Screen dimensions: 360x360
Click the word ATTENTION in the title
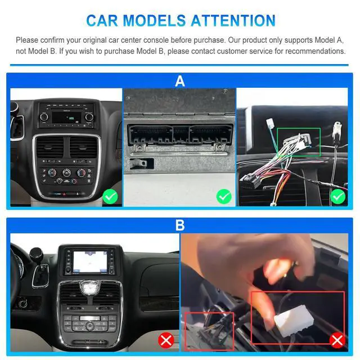pos(233,20)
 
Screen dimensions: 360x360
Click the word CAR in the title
pos(102,20)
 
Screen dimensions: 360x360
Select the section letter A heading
pos(180,81)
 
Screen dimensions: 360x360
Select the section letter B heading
pos(180,225)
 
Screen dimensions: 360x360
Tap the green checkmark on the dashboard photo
pos(110,196)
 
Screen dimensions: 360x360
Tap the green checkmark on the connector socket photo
pos(224,196)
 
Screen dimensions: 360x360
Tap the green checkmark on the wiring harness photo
pos(338,196)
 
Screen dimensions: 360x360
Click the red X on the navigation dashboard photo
pos(166,340)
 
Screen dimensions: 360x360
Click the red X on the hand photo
pos(337,340)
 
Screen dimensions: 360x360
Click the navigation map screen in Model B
pos(90,262)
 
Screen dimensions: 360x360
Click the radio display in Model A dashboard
pos(66,118)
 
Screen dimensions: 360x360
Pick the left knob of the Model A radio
pos(44,116)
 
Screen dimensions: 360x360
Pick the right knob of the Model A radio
pos(89,117)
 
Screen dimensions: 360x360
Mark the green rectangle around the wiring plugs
pos(299,128)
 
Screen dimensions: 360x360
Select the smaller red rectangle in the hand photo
pos(185,331)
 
